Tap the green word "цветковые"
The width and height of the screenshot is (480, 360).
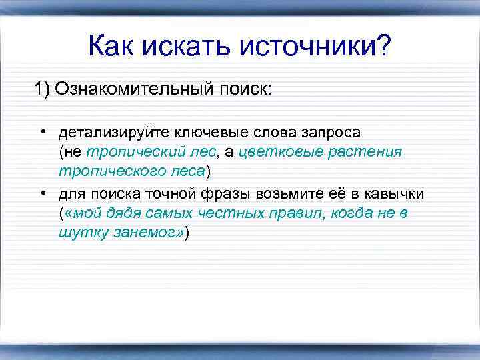pyautogui.click(x=281, y=152)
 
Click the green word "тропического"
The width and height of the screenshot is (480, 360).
pyautogui.click(x=107, y=172)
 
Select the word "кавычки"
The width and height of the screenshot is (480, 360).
pyautogui.click(x=396, y=193)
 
